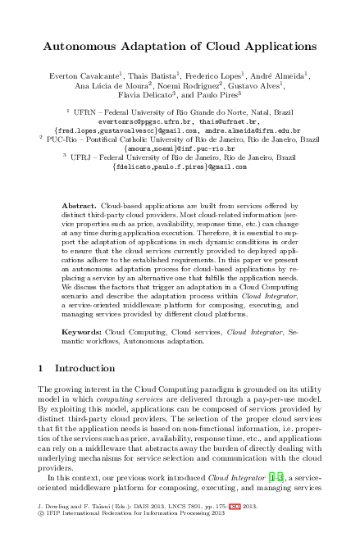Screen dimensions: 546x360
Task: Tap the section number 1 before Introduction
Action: (x=43, y=368)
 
